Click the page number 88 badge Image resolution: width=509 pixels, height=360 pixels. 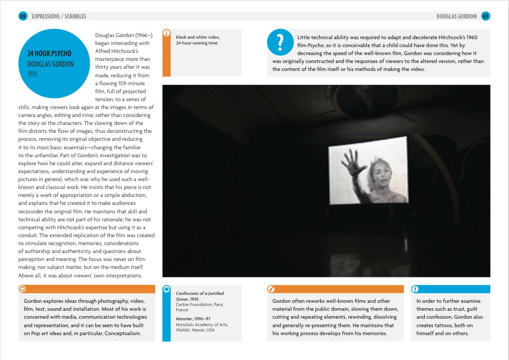click(23, 16)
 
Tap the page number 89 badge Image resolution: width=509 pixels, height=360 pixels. click(485, 16)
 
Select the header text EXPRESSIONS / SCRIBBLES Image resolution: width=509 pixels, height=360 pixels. click(59, 16)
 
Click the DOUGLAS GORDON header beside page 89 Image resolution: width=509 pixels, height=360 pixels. click(457, 16)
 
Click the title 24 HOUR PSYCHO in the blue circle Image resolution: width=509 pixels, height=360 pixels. click(49, 53)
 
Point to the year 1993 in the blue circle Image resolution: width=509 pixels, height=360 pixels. click(33, 74)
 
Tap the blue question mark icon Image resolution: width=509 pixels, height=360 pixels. click(280, 42)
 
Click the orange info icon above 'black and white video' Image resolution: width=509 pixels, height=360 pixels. click(167, 33)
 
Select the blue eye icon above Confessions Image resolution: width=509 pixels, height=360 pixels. click(167, 290)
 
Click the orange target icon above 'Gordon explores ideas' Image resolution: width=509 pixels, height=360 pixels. click(22, 289)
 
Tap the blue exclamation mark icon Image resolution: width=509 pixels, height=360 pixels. click(415, 289)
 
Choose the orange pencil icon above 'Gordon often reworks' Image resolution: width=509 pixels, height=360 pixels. click(271, 289)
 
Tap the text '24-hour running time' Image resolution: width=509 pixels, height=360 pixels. click(197, 43)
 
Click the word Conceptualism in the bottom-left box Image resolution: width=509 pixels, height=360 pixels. click(123, 334)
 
